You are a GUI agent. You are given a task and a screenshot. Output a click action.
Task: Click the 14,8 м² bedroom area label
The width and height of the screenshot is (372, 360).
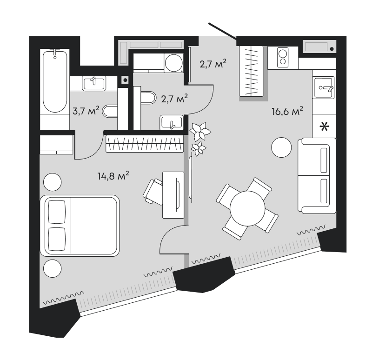click(x=113, y=176)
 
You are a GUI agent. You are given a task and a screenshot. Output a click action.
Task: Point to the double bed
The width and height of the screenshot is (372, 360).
click(x=80, y=225)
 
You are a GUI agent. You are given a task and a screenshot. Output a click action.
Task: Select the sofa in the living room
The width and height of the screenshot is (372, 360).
click(x=317, y=176)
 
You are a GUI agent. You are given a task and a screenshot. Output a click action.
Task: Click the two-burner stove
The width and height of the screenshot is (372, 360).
click(x=282, y=57)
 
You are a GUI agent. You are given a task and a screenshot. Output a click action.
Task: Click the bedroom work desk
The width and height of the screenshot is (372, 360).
click(x=172, y=194)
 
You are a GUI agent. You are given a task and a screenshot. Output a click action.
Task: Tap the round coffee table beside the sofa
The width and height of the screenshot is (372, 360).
click(x=281, y=148)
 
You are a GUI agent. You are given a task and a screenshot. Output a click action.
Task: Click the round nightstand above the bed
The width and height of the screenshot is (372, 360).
click(x=52, y=181)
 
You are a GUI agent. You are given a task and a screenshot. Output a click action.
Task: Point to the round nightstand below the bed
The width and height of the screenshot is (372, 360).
click(x=52, y=269)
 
